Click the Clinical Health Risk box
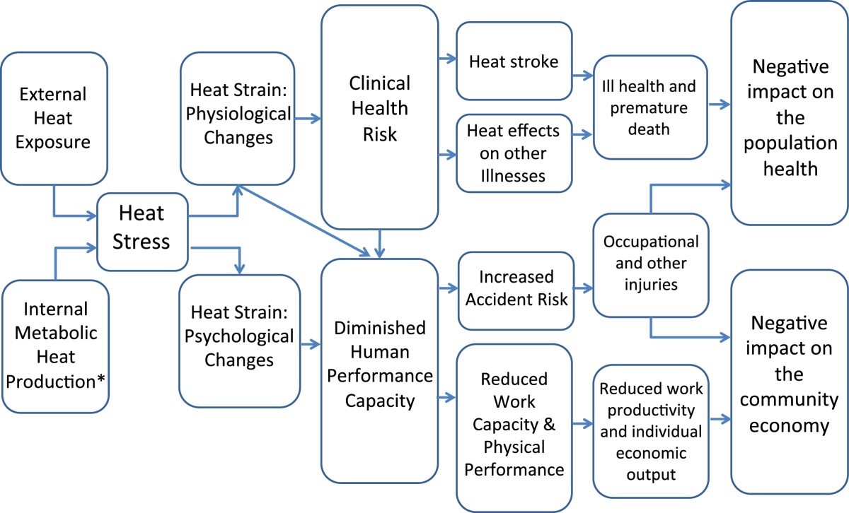click(379, 117)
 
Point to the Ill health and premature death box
click(650, 108)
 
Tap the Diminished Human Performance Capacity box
click(379, 365)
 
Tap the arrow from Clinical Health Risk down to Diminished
click(381, 244)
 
